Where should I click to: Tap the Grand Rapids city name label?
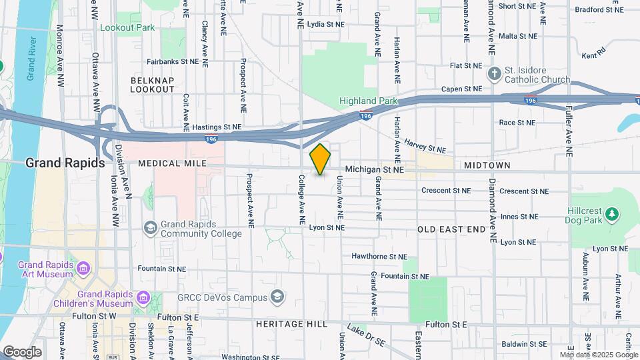tap(65, 163)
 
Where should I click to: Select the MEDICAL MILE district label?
tap(169, 163)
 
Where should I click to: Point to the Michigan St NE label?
tap(375, 171)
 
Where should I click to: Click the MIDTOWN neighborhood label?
tap(487, 165)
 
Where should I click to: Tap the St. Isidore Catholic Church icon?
tap(495, 73)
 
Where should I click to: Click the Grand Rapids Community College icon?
tap(151, 229)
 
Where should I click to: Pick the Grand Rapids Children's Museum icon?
tap(142, 297)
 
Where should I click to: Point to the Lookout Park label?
tap(127, 27)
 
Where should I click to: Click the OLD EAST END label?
tap(452, 229)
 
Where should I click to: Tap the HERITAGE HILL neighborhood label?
tap(291, 324)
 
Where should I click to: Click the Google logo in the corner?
tap(22, 351)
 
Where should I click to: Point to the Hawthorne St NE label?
tap(379, 256)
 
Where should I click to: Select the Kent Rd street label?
tap(593, 52)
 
